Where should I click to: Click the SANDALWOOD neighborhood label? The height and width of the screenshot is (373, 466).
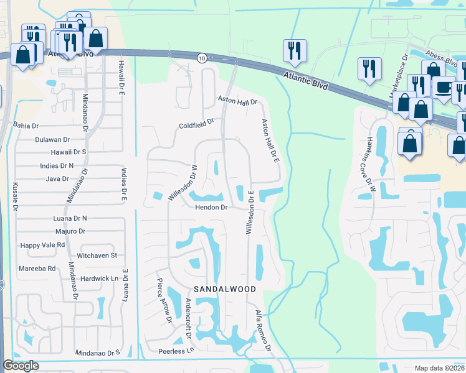(225, 289)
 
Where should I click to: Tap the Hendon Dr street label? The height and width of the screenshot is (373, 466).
(211, 207)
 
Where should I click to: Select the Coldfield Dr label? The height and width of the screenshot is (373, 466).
(196, 122)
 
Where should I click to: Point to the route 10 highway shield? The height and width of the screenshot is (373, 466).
(201, 58)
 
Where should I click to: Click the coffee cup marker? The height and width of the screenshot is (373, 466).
(444, 87)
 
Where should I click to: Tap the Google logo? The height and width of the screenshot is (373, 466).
(20, 366)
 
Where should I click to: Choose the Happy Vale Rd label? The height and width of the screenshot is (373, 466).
(43, 245)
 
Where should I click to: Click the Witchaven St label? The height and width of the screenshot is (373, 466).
(97, 256)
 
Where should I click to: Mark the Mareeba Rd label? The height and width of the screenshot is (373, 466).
(38, 269)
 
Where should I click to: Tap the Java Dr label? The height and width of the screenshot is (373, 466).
(57, 179)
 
